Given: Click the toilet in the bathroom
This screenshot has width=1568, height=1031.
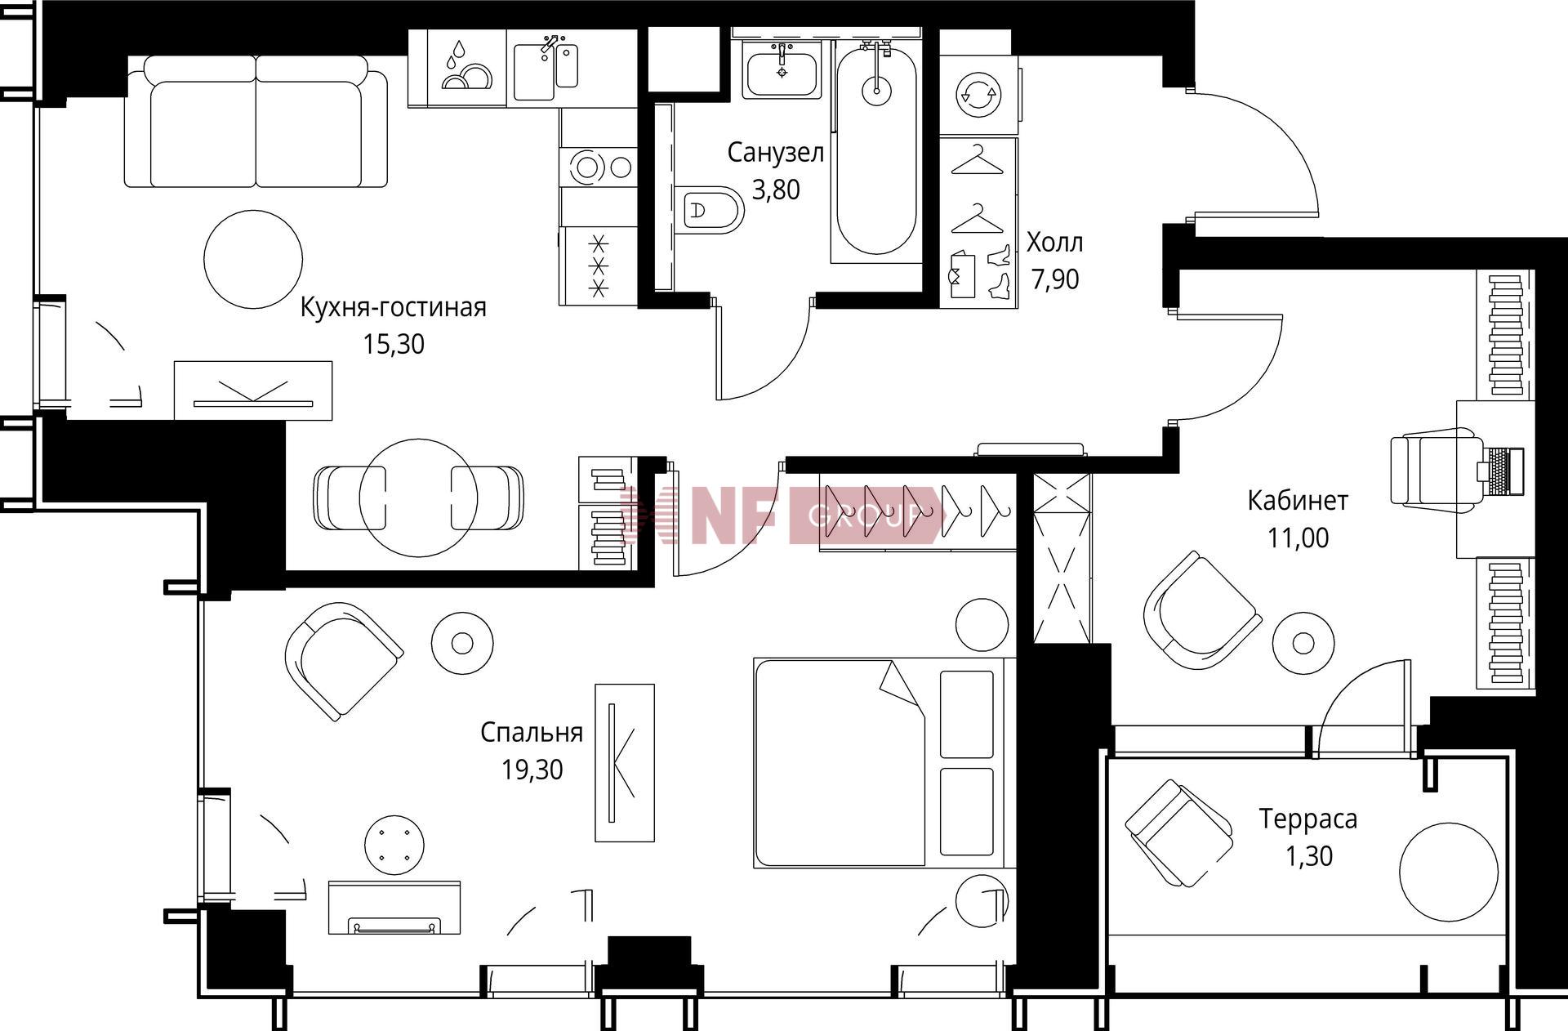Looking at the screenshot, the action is coord(710,211).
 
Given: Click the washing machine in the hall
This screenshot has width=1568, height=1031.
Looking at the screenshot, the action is coord(979,95).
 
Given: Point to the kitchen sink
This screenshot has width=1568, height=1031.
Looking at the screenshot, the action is coord(546,70).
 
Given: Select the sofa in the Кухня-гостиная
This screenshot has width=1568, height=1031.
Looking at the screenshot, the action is coord(256,122).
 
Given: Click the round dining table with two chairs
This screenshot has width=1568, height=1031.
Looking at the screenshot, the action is coord(418,498).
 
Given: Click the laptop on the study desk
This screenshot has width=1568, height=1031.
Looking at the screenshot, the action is coord(1501,471).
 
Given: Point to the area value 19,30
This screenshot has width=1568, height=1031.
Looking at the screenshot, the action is coord(532,770).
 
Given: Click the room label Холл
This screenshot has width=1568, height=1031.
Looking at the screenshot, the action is coord(1055,242).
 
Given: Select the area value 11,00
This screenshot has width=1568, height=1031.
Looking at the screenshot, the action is coord(1298,538).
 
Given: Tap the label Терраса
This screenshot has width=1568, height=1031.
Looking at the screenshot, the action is coord(1308,818).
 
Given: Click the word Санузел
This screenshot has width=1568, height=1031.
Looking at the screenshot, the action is coord(776,152).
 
